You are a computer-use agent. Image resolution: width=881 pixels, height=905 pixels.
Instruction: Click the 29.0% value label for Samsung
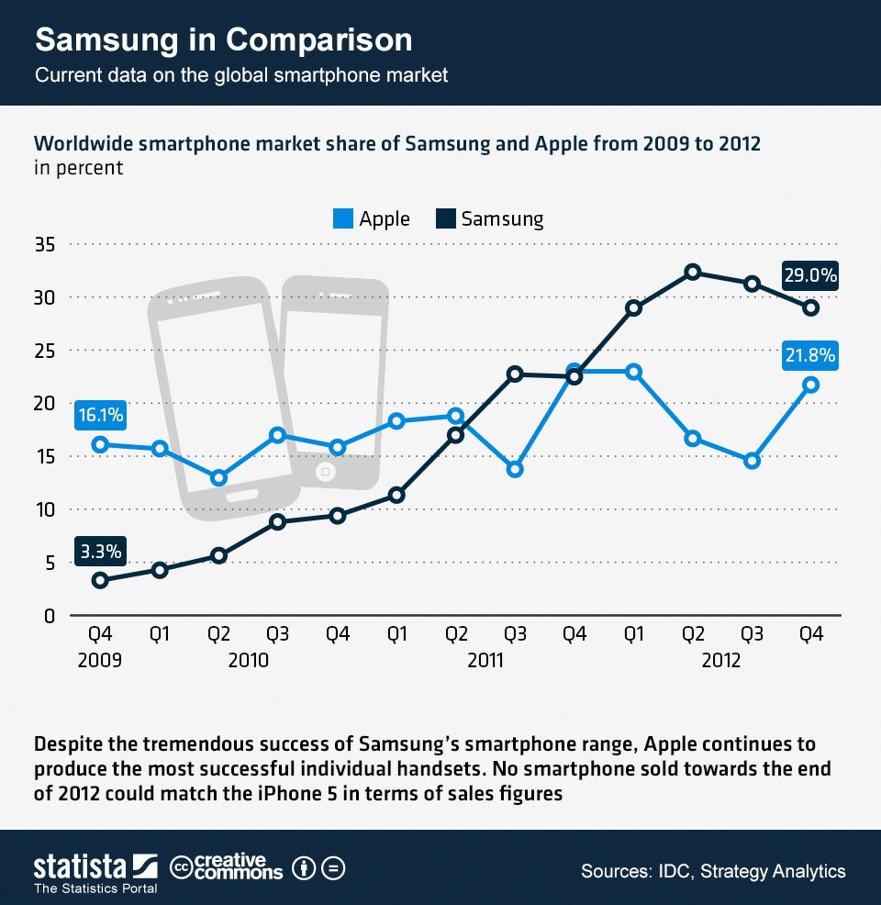(809, 274)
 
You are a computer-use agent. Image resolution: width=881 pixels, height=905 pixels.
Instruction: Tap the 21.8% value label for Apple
(809, 354)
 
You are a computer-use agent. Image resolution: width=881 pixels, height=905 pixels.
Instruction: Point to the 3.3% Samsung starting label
(100, 551)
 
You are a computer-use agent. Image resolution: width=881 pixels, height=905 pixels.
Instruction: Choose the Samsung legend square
(445, 218)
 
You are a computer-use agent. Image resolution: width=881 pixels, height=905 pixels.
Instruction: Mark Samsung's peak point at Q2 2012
(693, 272)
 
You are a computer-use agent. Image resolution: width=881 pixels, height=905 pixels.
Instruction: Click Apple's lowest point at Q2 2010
(218, 478)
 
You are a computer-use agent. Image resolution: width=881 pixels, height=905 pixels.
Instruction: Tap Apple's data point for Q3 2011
(516, 469)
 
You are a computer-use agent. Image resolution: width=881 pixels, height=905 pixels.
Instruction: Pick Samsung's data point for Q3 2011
(516, 374)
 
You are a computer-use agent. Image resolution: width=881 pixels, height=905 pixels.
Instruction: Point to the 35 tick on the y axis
(45, 245)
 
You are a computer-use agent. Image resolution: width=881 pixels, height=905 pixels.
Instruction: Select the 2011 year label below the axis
(485, 660)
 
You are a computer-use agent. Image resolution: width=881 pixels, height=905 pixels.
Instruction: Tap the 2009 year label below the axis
(100, 660)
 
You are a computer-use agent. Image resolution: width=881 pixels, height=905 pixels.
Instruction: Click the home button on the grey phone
(323, 473)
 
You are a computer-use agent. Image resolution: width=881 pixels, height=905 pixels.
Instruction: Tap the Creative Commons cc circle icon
(181, 866)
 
